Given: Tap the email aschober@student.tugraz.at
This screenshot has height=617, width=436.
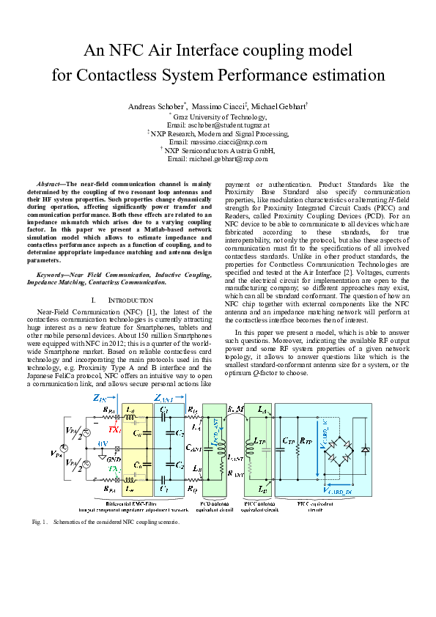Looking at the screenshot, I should tap(218, 125).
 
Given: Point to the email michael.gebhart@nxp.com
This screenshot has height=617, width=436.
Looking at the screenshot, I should tap(218, 158).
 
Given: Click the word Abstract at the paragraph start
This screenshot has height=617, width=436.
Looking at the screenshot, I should tap(49, 184).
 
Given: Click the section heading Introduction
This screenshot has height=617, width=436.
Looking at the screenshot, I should tap(132, 300).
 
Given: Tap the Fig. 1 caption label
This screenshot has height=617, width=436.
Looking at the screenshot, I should tap(40, 522).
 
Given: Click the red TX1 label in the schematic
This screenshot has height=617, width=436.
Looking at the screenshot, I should tap(114, 428).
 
